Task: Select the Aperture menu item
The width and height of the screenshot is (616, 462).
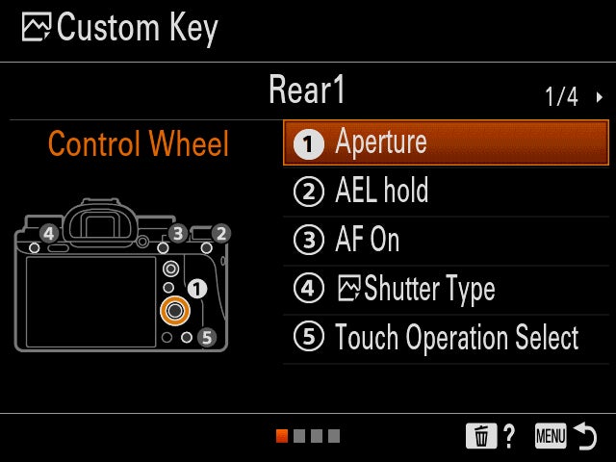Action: click(446, 143)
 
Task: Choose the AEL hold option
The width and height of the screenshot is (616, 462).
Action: click(446, 192)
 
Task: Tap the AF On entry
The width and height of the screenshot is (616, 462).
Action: click(446, 241)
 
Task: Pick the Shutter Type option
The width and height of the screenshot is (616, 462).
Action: click(446, 290)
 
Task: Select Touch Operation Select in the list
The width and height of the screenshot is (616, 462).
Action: click(446, 338)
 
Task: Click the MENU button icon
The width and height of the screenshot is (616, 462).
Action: click(551, 436)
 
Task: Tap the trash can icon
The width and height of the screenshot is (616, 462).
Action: click(481, 436)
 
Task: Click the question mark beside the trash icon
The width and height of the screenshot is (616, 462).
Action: click(509, 436)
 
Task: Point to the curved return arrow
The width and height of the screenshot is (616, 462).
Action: click(586, 435)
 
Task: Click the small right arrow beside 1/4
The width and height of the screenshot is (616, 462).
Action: click(600, 97)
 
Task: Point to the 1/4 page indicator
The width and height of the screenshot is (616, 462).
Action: click(561, 96)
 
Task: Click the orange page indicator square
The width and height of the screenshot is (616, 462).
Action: click(282, 436)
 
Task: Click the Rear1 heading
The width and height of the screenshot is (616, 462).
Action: click(307, 90)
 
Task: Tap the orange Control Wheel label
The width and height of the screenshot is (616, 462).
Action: click(139, 143)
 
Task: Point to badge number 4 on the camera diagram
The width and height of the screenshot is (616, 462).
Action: click(49, 234)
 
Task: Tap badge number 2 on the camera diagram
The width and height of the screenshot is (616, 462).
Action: click(221, 233)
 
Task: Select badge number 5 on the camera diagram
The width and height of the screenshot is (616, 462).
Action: click(207, 337)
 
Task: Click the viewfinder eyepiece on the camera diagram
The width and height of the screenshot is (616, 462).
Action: click(100, 223)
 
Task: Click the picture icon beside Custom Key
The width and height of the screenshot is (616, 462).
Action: click(37, 27)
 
